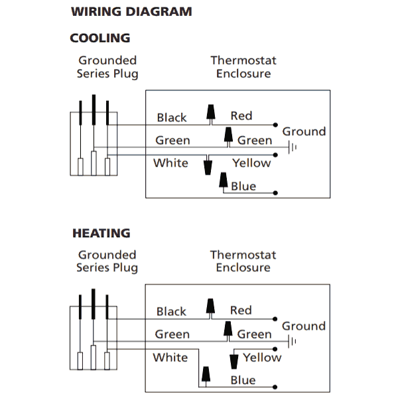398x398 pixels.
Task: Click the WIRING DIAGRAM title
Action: [131, 12]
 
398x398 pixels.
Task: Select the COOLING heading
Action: [100, 38]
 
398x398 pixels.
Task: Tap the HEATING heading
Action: [101, 233]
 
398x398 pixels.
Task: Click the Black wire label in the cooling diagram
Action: [172, 117]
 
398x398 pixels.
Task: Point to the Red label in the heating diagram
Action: [241, 310]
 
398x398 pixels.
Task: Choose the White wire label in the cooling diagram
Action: [170, 163]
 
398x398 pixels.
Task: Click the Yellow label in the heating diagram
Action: [262, 358]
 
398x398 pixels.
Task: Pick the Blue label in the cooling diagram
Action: [243, 186]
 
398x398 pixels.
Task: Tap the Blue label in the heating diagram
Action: [243, 380]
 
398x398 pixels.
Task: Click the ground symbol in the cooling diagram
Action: [293, 147]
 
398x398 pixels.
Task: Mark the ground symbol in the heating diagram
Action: [292, 342]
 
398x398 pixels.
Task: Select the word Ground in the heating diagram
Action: [304, 326]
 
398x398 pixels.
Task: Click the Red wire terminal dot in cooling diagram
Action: [275, 125]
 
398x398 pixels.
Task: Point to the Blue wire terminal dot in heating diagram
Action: [275, 387]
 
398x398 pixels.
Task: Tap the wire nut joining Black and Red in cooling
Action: [211, 112]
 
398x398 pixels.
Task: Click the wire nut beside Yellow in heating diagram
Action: [233, 362]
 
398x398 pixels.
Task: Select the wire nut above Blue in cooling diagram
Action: [224, 180]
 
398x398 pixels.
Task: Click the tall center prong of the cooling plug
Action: [94, 109]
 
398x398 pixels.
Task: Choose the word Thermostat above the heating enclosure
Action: [243, 255]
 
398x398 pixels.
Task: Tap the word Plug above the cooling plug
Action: [125, 74]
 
